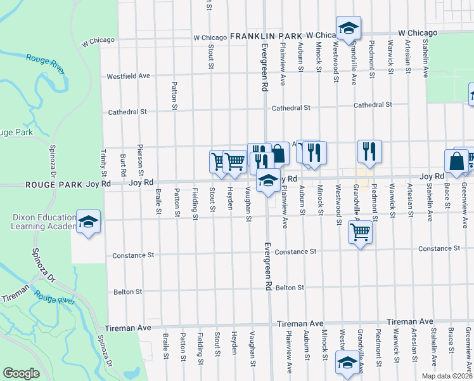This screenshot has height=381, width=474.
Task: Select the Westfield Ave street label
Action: click(128, 76)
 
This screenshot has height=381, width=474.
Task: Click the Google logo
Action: click(21, 373)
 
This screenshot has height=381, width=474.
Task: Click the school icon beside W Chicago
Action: click(348, 27)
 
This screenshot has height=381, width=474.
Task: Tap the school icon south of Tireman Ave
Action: click(347, 362)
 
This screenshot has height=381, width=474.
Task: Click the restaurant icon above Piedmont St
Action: click(369, 151)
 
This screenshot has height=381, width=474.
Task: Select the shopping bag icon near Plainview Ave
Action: click(278, 152)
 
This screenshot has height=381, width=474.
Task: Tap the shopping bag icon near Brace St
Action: click(456, 161)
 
